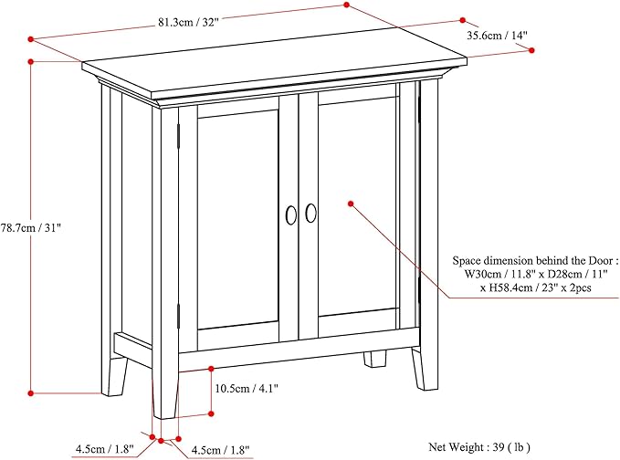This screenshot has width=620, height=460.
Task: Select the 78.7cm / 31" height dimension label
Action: coord(30,225)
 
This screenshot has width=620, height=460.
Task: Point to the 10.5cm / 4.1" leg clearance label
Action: coord(247,388)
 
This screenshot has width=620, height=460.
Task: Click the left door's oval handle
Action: coord(290,214)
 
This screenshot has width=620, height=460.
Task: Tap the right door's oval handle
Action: coord(311,213)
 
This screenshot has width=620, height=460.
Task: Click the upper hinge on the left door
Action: coord(179,134)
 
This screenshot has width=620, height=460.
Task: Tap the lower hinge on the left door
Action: coord(179,316)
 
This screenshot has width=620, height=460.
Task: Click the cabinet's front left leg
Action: coord(165,392)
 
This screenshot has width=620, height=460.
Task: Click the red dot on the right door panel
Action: coord(349,204)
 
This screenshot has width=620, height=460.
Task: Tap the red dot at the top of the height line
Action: coord(31,61)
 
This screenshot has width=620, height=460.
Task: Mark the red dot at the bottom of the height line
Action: coord(31,393)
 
